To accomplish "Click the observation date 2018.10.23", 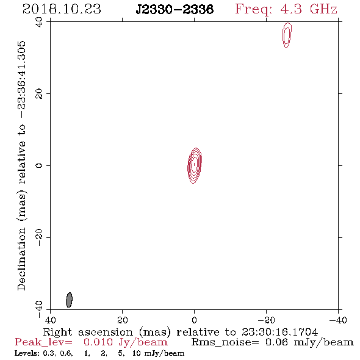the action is [x=62, y=9].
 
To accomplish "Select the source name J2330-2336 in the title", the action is [x=175, y=9].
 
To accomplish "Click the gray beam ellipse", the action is [x=69, y=300].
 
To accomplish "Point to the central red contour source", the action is [x=195, y=165].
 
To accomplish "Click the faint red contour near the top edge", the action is [x=287, y=35].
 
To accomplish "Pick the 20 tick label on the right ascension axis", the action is [x=122, y=320].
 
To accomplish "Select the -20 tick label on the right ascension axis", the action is [x=266, y=320].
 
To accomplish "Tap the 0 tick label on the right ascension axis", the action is [x=194, y=320].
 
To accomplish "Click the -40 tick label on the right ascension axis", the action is [x=338, y=320].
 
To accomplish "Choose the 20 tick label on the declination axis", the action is [x=39, y=94].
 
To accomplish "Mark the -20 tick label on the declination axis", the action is [x=39, y=237].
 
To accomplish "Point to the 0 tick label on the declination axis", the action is [x=39, y=165].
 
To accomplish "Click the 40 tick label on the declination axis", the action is [x=39, y=22].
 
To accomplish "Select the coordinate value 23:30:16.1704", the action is [x=279, y=332].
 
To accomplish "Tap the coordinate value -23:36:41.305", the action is [x=21, y=79].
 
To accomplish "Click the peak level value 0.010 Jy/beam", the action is [x=125, y=342].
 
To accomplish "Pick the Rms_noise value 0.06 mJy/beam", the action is [x=309, y=342].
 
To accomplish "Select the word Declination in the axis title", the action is [x=21, y=259].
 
